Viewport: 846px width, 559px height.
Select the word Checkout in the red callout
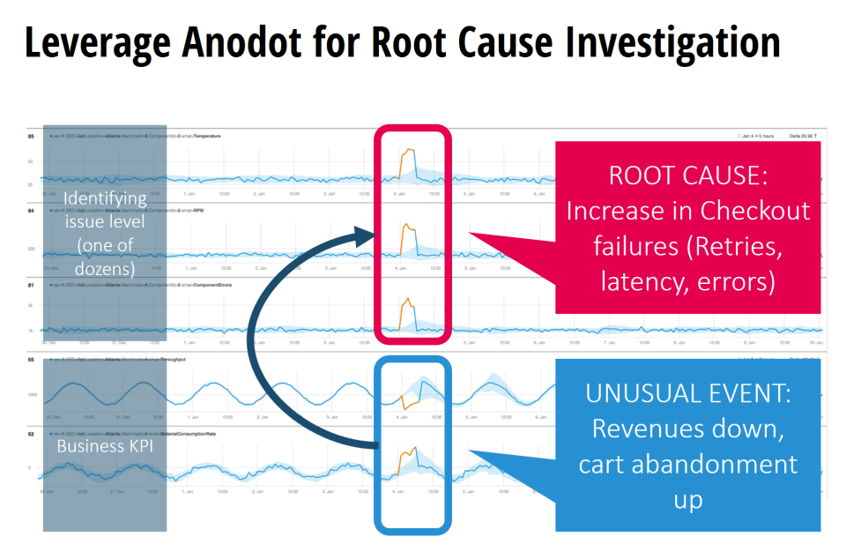[x=755, y=212]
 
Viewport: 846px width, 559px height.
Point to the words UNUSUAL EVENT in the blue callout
[x=688, y=393]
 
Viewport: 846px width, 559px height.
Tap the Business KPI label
[x=105, y=445]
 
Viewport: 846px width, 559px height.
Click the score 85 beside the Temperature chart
[x=31, y=137]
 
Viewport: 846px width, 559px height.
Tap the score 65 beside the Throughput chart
[x=31, y=361]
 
